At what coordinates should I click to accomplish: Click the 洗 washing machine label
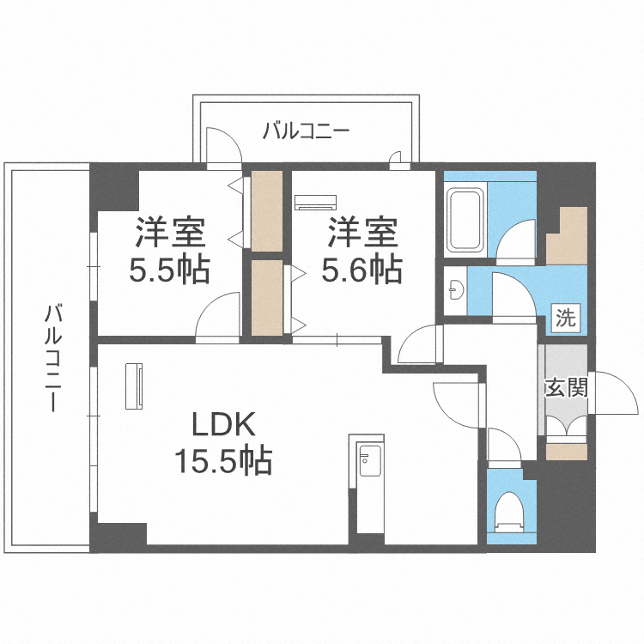pyautogui.click(x=565, y=318)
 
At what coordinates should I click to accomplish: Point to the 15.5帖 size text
pyautogui.click(x=223, y=462)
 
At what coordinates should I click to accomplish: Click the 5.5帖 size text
pyautogui.click(x=169, y=271)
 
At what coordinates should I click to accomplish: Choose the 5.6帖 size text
pyautogui.click(x=361, y=271)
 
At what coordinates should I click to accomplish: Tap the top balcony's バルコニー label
pyautogui.click(x=306, y=131)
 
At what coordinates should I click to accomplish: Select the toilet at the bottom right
pyautogui.click(x=510, y=512)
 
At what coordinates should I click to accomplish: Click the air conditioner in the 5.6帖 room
pyautogui.click(x=316, y=203)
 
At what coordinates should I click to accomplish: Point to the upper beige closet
pyautogui.click(x=267, y=212)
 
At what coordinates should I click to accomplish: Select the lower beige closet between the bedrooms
pyautogui.click(x=267, y=296)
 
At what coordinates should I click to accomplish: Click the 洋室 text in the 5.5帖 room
pyautogui.click(x=169, y=233)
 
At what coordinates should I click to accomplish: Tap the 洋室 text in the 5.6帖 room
pyautogui.click(x=361, y=233)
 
